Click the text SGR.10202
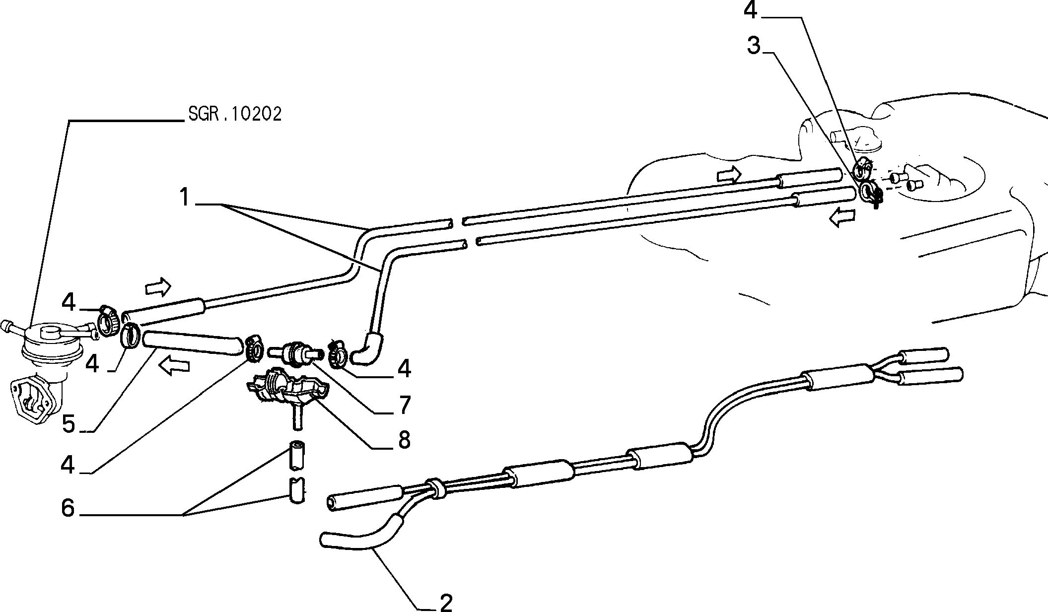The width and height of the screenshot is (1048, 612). [235, 114]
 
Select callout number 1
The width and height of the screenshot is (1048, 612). [185, 197]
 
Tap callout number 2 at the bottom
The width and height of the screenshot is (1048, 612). [446, 602]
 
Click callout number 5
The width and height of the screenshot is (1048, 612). [69, 423]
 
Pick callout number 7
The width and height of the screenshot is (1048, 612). [405, 405]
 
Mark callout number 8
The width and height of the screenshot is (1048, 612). [404, 440]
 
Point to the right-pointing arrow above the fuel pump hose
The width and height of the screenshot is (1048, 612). [158, 286]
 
